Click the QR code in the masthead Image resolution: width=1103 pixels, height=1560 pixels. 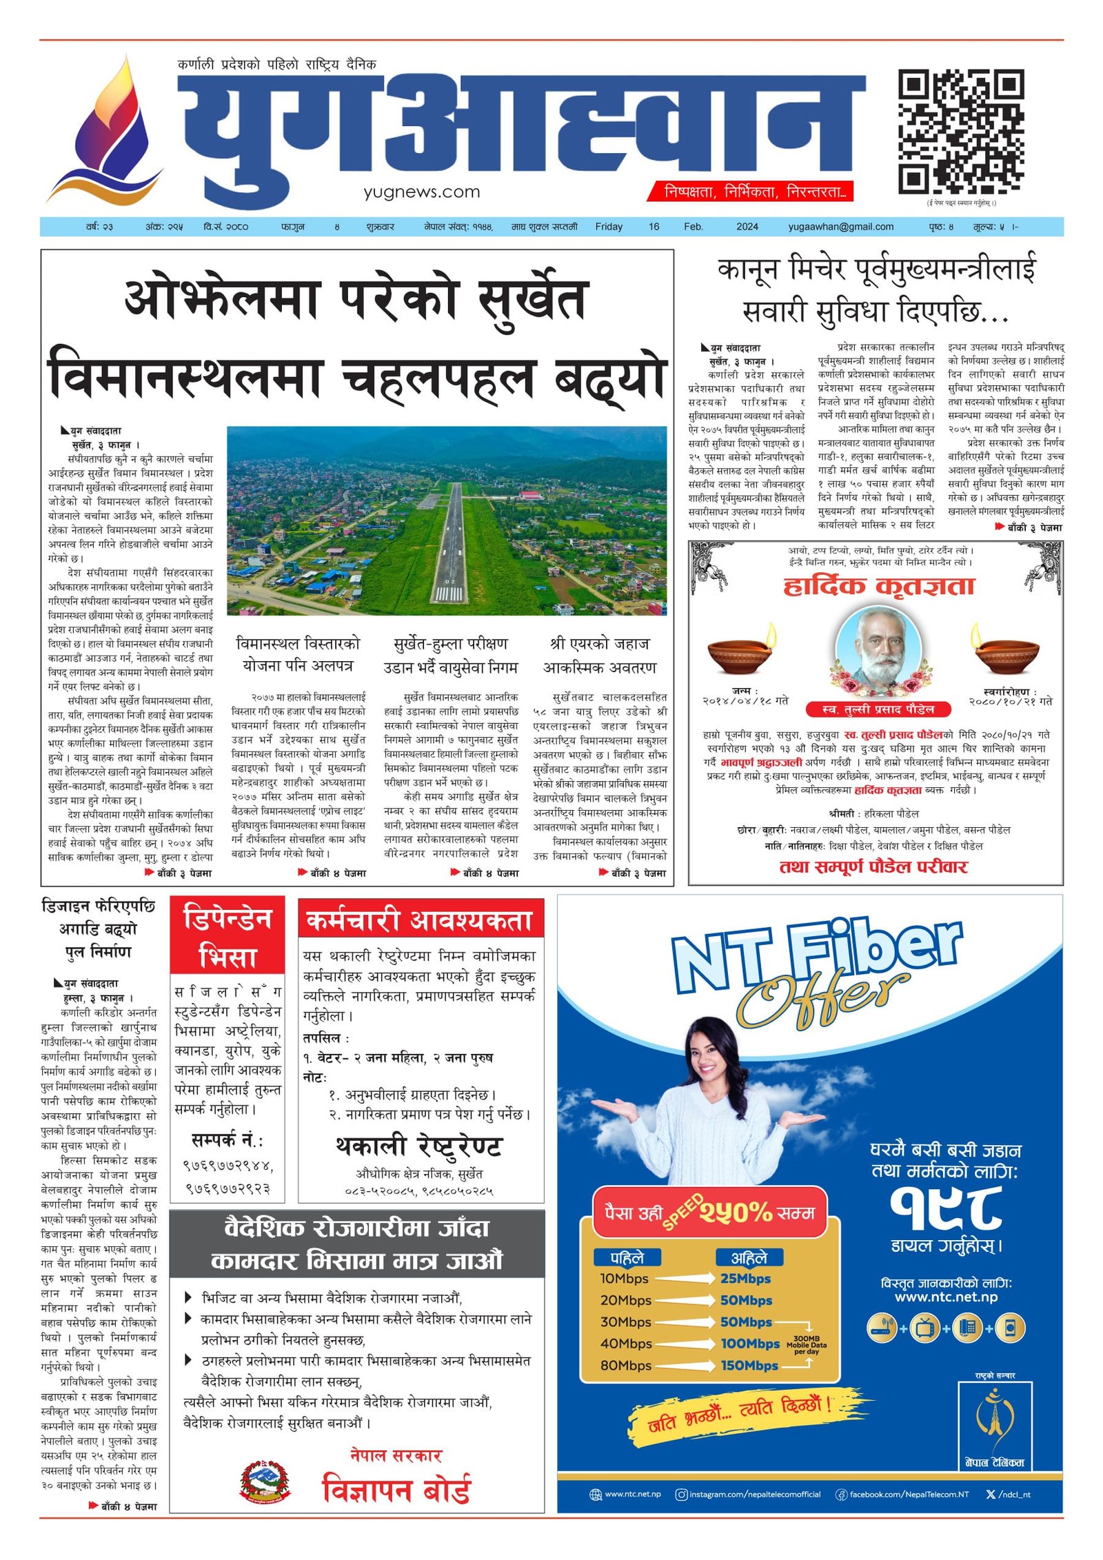[x=960, y=132]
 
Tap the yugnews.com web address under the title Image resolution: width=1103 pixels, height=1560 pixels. [x=421, y=192]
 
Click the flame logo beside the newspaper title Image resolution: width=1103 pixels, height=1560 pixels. [x=106, y=131]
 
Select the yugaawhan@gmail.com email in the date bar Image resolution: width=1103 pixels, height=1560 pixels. [x=840, y=227]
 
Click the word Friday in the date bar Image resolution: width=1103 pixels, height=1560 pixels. [x=608, y=227]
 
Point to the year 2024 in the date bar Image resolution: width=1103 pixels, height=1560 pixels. [x=747, y=227]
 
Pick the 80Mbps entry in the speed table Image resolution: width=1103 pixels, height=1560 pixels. [x=625, y=1366]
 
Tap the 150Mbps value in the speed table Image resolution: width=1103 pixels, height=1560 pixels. [x=749, y=1366]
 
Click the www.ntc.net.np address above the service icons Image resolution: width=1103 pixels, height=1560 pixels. [x=946, y=1297]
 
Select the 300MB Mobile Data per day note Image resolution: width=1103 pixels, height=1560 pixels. [x=806, y=1345]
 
